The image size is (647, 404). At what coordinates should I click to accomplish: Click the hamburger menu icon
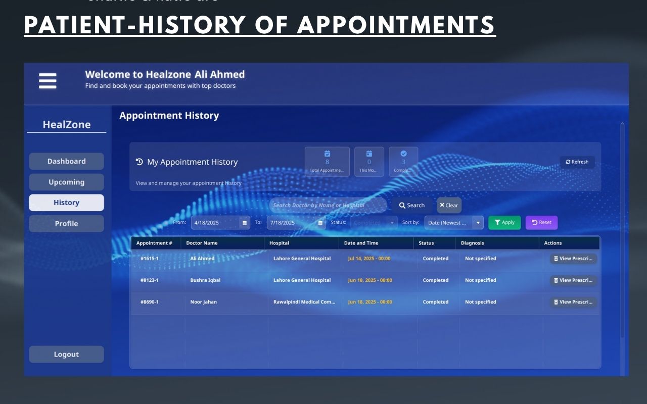[48, 81]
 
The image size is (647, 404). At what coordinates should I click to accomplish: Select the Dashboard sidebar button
[66, 162]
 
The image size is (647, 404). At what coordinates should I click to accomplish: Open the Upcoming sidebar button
[66, 182]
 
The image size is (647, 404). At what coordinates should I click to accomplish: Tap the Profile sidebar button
[66, 224]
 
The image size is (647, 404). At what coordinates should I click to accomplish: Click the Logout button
[66, 355]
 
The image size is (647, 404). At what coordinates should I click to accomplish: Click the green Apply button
[504, 223]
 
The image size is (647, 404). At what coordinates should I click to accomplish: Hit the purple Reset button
[541, 223]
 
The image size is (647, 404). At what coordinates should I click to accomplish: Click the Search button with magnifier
[411, 206]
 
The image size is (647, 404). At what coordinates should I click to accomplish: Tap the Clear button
[449, 206]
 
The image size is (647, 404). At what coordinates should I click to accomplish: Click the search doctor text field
[328, 206]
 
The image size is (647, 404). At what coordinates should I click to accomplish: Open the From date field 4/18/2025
[216, 223]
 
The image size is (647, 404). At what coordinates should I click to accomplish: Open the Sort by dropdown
[453, 223]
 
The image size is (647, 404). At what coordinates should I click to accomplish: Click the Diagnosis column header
[472, 243]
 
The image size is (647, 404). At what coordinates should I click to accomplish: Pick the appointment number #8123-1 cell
[150, 280]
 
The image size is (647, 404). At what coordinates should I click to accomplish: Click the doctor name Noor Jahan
[203, 302]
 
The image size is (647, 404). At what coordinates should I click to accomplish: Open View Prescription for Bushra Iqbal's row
[573, 280]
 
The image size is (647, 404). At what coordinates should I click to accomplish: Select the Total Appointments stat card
[327, 162]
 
